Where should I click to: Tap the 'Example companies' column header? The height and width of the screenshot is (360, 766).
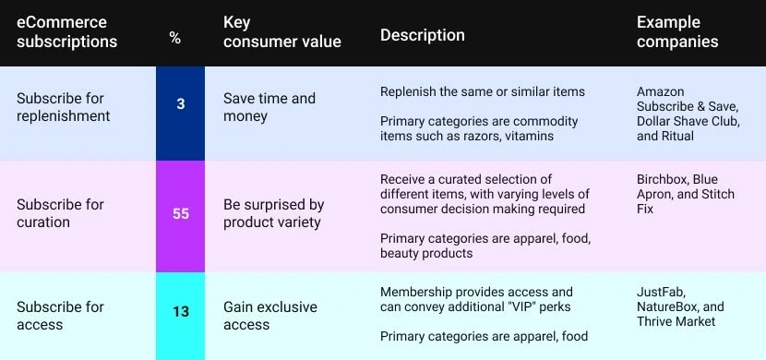pos(677,32)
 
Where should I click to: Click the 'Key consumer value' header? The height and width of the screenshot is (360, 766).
pos(281,32)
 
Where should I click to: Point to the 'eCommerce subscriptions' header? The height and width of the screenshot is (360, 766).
pos(66,32)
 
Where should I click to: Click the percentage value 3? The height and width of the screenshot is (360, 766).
pos(180,104)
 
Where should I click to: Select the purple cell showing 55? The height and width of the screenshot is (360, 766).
pos(180,213)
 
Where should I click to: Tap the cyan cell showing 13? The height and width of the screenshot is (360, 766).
pos(180,311)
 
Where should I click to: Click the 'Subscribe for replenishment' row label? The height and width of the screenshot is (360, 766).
pos(63,107)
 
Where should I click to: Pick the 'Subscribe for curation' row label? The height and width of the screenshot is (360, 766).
pos(60,213)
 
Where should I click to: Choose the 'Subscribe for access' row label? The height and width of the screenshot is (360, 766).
pos(60,316)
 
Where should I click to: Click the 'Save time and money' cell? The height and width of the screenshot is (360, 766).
pos(269,107)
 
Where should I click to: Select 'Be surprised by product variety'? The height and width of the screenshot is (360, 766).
pos(272,213)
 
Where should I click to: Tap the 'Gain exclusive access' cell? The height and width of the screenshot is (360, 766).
pos(269,316)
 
